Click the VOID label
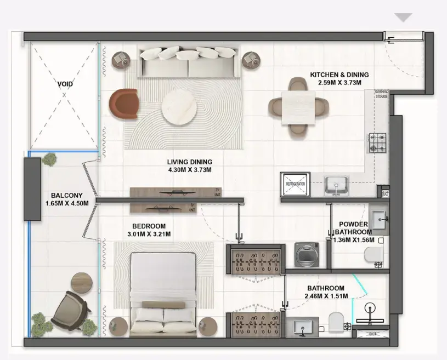tap(65, 84)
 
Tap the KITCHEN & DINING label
tap(339, 75)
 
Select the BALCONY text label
tap(66, 196)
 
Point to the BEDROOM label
tap(149, 226)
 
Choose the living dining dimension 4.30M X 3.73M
tap(189, 170)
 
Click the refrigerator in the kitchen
tap(295, 185)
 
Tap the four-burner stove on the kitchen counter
tap(377, 142)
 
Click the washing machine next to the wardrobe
tap(305, 254)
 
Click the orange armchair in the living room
tap(124, 103)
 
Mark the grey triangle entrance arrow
tap(403, 18)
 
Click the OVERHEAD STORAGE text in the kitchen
tap(381, 94)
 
